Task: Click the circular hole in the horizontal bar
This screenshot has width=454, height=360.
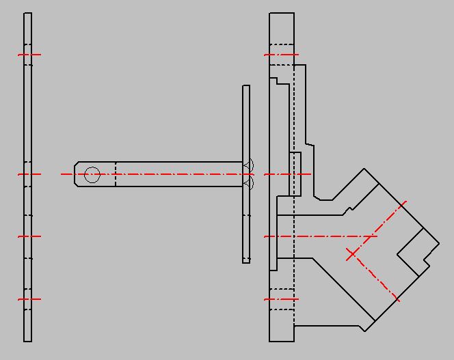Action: point(92,175)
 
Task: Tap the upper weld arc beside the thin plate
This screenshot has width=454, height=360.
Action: point(250,165)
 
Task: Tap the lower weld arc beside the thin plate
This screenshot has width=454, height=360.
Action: point(250,184)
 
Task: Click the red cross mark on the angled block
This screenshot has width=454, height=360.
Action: point(351,254)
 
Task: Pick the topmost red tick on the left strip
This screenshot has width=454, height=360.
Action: point(29,55)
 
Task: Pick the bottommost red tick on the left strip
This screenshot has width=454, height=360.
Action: point(29,299)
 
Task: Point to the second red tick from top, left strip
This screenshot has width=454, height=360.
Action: point(29,174)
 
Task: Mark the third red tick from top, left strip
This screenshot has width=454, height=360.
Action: point(29,236)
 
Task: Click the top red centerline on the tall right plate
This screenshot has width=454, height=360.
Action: point(282,55)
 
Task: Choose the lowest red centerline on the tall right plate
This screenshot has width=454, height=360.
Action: point(282,299)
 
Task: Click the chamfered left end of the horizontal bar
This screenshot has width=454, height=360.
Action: point(77,174)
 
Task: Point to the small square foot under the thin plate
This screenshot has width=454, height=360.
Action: point(246,260)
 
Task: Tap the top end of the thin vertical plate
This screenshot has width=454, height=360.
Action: point(246,87)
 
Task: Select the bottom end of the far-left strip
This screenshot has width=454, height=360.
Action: point(27,340)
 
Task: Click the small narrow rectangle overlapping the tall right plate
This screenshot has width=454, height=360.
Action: point(295,174)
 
